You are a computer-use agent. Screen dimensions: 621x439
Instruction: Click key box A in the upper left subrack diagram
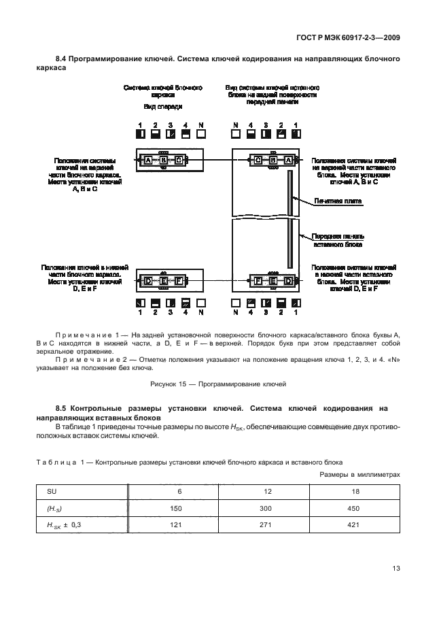coord(147,161)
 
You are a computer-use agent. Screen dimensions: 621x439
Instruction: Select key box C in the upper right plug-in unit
coord(259,161)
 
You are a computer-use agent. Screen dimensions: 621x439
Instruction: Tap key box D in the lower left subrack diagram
coord(147,281)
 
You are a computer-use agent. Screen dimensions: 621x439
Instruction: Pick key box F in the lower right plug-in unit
coord(259,281)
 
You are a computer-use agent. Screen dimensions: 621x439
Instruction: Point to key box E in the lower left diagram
coord(163,281)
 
